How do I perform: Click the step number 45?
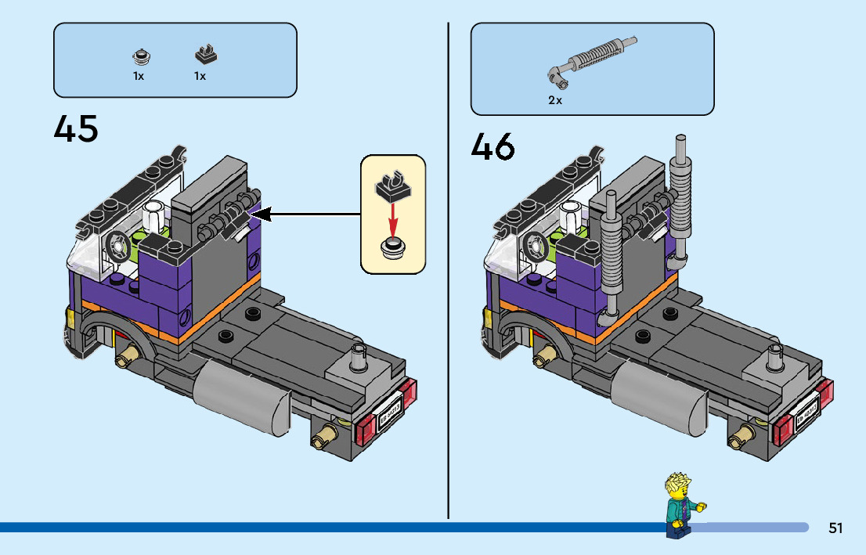pyautogui.click(x=76, y=129)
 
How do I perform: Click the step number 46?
pyautogui.click(x=493, y=146)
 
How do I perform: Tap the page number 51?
pyautogui.click(x=835, y=528)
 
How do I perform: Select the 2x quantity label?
pyautogui.click(x=555, y=100)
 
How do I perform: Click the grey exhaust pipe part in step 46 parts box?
pyautogui.click(x=591, y=59)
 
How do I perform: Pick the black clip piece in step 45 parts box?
pyautogui.click(x=206, y=55)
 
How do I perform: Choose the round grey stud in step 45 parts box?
pyautogui.click(x=141, y=56)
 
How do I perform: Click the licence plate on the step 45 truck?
pyautogui.click(x=390, y=413)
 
